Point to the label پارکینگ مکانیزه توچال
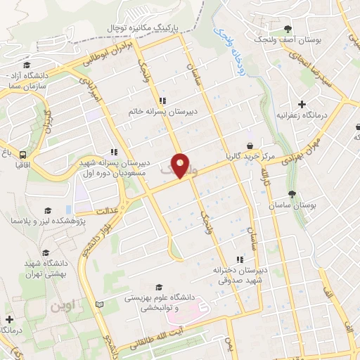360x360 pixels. (144, 26)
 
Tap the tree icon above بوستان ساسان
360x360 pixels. (292, 193)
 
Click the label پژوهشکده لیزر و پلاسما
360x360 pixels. (41, 221)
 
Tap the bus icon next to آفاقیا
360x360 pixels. (23, 155)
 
